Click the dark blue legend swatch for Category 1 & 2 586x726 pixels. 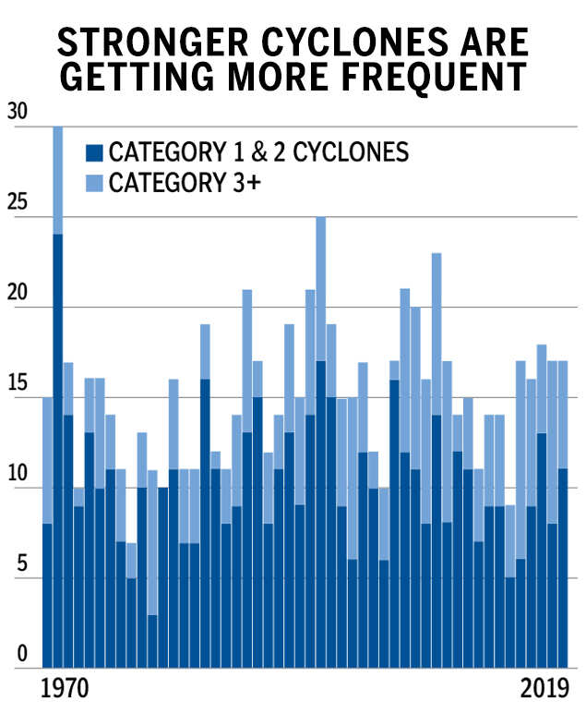click(94, 151)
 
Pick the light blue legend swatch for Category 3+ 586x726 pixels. click(94, 182)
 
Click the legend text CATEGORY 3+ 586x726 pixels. click(185, 182)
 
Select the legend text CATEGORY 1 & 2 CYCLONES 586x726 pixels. click(258, 151)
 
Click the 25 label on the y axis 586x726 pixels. click(17, 202)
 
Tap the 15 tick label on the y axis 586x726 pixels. click(17, 383)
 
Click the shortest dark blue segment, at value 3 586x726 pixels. click(152, 642)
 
